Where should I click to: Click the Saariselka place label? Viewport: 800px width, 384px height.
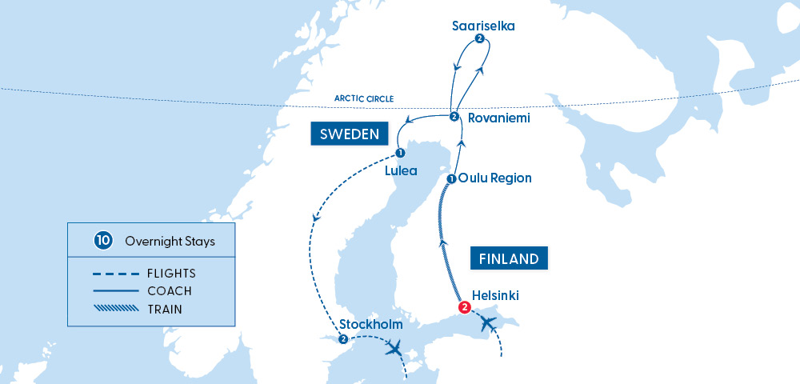click(482, 26)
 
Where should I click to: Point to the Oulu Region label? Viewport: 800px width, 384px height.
click(495, 178)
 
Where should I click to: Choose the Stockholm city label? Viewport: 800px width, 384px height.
click(371, 325)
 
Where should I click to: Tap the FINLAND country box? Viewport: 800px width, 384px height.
click(509, 258)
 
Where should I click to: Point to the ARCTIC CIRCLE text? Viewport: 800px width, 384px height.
click(365, 99)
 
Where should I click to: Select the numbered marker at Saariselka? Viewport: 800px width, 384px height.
click(478, 39)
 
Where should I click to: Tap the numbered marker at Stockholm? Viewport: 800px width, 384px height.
click(343, 339)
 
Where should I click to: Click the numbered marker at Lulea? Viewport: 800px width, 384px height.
click(400, 154)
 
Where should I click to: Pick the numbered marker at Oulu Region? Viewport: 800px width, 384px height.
click(452, 178)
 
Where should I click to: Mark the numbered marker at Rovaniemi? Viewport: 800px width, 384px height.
click(454, 118)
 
